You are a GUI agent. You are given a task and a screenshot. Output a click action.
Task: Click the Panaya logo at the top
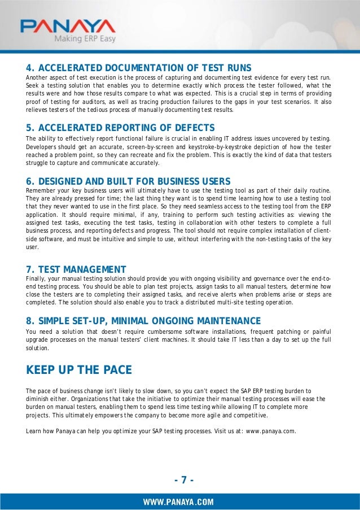coord(67,26)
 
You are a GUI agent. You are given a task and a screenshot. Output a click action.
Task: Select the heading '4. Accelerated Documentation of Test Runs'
coord(139,67)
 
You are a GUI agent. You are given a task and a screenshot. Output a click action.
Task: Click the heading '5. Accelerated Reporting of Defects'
coord(120,127)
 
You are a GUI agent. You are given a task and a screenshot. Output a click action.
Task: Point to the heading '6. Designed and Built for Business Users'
coord(128,181)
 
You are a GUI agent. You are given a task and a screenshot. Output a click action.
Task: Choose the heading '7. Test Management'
coord(76,269)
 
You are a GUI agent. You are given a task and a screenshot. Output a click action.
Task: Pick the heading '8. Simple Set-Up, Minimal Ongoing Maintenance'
coord(143,321)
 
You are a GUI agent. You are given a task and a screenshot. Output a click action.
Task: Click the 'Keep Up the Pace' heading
coord(79,370)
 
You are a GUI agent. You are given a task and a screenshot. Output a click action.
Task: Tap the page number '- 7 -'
coord(184,481)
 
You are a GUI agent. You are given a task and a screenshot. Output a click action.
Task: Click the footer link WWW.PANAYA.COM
coord(179,502)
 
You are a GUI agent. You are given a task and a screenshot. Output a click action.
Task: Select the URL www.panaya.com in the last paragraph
coord(270,431)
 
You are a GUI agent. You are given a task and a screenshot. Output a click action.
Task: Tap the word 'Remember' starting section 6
coord(41,192)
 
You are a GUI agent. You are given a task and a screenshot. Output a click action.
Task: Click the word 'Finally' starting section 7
coord(37,280)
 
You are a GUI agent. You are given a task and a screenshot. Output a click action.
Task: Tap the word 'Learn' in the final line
coord(34,431)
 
